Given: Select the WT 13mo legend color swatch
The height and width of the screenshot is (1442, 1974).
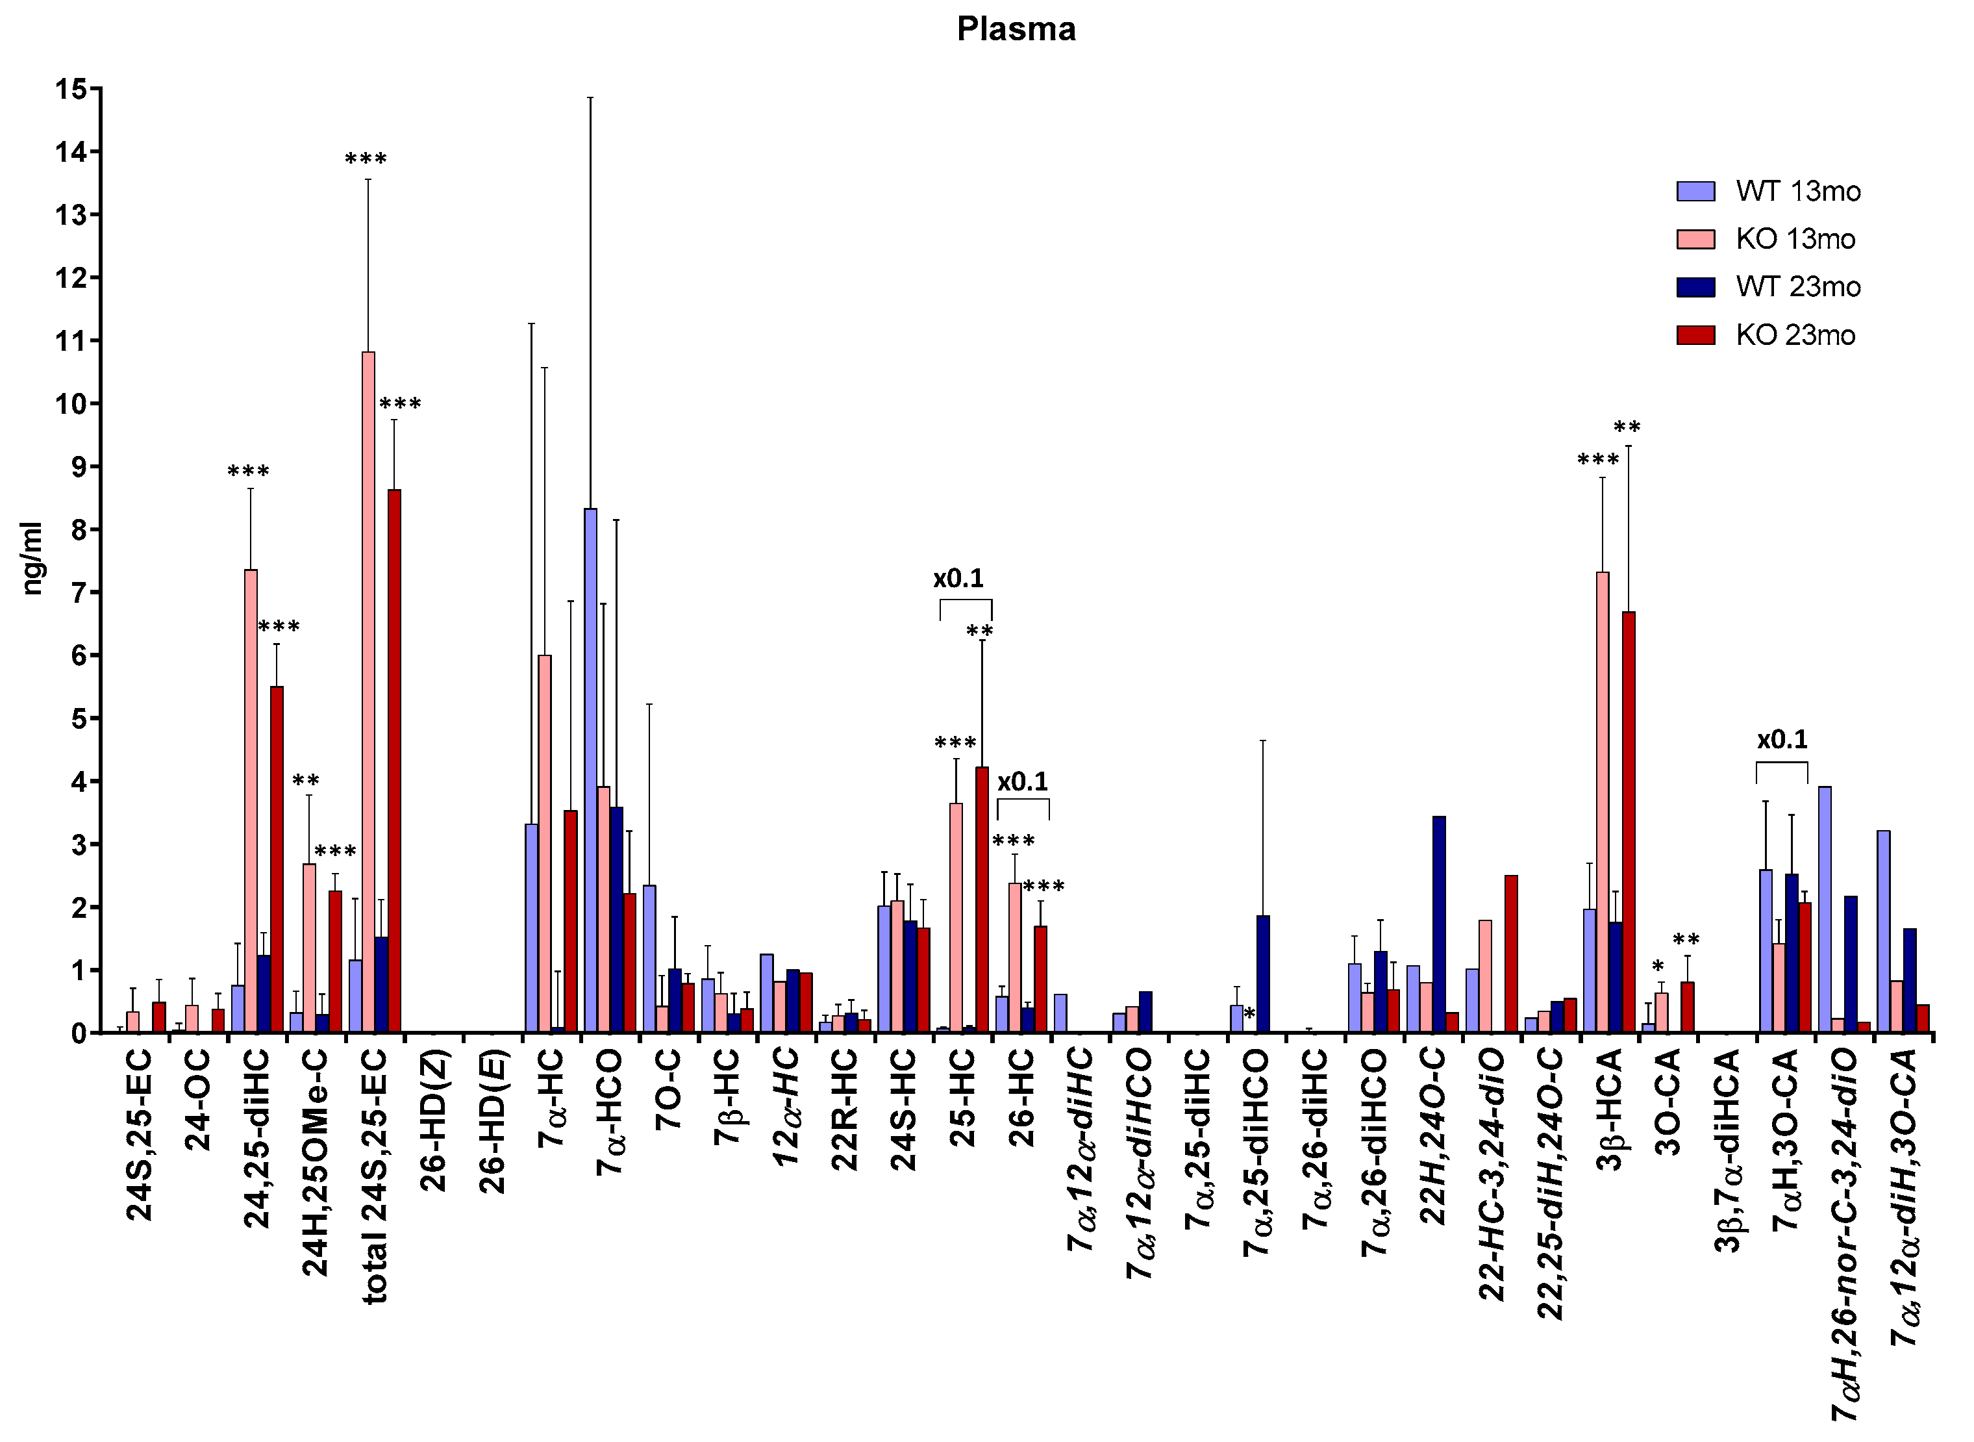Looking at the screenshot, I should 1695,191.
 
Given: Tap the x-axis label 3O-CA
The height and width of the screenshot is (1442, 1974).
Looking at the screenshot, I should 1669,1102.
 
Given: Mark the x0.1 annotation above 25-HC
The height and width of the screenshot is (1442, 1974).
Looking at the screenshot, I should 958,579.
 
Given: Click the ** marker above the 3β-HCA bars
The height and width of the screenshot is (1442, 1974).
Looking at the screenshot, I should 1627,427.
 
